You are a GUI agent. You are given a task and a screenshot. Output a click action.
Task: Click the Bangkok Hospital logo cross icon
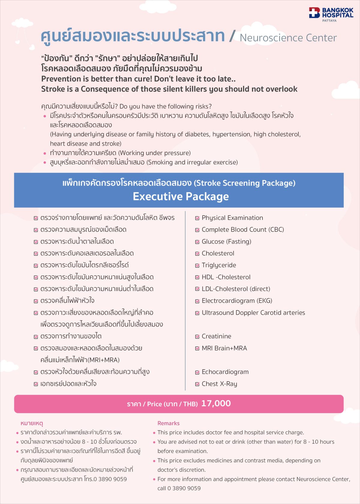point(314,13)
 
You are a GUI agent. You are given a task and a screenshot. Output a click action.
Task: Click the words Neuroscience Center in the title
point(288,38)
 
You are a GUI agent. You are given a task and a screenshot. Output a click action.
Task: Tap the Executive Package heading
point(181,196)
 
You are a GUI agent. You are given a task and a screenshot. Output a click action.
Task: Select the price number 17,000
point(216,403)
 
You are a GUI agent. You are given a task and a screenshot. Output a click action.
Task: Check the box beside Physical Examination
point(197,218)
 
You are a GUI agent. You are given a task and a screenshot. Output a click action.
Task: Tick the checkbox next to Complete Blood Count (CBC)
point(197,230)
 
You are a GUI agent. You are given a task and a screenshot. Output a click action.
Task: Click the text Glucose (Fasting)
point(226,241)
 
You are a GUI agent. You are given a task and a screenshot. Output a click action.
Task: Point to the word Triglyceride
point(219,265)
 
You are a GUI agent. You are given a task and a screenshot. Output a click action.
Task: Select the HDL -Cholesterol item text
point(226,277)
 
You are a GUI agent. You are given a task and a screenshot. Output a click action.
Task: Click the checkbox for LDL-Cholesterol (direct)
point(197,289)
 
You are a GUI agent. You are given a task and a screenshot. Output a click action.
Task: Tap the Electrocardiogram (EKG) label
point(237,301)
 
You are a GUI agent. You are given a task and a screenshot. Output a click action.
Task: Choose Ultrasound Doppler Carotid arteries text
point(253,313)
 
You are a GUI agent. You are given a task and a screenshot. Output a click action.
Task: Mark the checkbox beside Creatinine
point(197,337)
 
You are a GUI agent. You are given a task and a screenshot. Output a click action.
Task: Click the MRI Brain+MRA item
point(224,348)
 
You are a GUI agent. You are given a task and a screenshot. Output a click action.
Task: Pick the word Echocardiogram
point(225,372)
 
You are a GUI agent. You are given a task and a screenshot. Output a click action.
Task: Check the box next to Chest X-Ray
point(197,384)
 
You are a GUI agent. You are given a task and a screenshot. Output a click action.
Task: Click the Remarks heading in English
point(168,423)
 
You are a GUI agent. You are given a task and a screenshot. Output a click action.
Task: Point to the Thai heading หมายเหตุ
point(32,423)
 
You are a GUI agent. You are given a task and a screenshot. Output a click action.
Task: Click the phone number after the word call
point(184,488)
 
